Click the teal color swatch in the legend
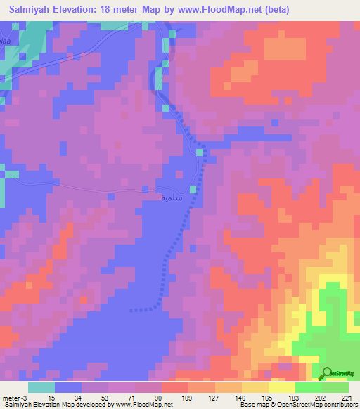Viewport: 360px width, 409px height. click(x=41, y=387)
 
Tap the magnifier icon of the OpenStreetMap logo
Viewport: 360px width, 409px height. click(x=327, y=373)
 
